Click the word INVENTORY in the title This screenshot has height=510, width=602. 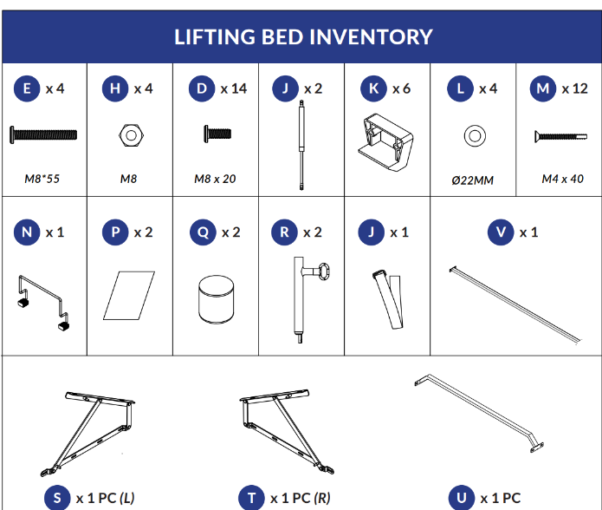coord(371,37)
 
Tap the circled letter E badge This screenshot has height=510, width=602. coord(27,88)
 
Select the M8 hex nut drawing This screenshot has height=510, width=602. coord(131,135)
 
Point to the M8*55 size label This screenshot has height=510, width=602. coord(42,179)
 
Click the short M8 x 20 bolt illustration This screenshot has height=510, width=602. coord(217,134)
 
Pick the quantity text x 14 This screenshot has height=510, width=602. coord(233,88)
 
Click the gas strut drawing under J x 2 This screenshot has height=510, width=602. coord(301,145)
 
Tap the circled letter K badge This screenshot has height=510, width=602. coord(373,88)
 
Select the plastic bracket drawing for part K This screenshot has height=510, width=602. coord(385,142)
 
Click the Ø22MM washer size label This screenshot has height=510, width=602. coord(473,180)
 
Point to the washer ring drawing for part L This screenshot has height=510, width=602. coord(475,135)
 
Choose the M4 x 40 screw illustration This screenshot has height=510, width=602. coord(561,136)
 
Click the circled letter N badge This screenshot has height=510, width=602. coord(27,232)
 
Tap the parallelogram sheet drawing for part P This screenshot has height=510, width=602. coord(129,296)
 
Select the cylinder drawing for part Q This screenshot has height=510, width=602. coord(217,299)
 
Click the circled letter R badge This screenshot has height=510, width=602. coord(284,232)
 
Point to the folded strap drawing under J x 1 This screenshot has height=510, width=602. coord(388,299)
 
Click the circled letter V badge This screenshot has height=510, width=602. coord(501,232)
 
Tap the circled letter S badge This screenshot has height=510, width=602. coord(57,498)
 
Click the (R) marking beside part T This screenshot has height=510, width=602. coord(322,498)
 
